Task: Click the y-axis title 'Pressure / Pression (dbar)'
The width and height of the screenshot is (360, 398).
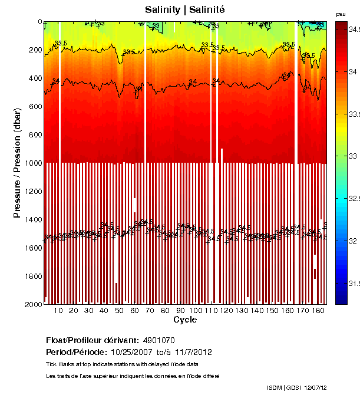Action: point(18,163)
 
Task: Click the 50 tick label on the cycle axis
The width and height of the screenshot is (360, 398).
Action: point(119,311)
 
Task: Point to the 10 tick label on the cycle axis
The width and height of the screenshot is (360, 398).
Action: point(58,311)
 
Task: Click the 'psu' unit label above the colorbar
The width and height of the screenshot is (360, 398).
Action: point(341,14)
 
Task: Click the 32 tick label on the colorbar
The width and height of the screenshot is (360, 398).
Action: point(353,241)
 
